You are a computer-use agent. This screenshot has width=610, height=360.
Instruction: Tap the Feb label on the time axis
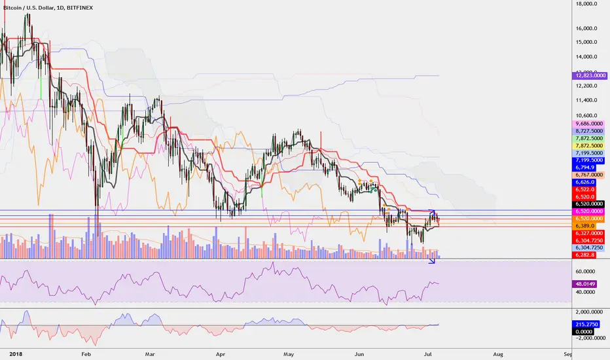coord(86,353)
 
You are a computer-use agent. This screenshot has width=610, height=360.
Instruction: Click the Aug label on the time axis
coord(498,353)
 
